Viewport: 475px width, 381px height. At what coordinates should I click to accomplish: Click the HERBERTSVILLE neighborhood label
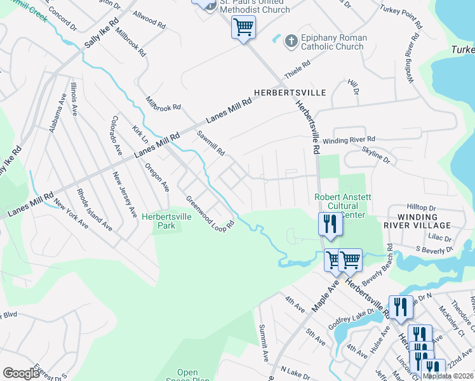click(290, 93)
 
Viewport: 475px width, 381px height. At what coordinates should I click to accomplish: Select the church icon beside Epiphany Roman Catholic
click(291, 41)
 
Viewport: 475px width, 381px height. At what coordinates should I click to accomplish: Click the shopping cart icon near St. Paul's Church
click(243, 28)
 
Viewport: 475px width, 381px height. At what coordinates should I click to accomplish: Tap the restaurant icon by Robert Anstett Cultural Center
click(329, 224)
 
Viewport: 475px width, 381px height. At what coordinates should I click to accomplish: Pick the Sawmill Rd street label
click(211, 144)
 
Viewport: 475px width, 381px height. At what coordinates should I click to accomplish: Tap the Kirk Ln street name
click(140, 134)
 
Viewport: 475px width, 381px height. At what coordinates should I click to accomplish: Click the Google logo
click(21, 373)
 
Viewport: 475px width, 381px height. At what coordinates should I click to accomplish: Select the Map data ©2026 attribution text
click(448, 376)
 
